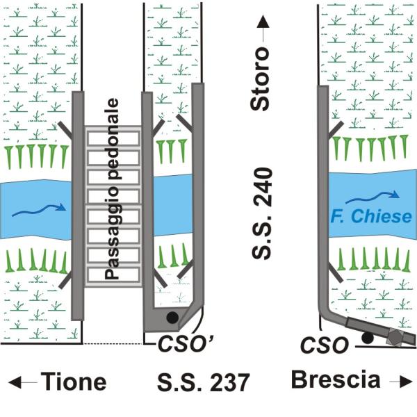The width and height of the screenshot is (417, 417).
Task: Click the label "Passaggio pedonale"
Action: (113, 188)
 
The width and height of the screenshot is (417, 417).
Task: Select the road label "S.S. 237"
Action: (199, 382)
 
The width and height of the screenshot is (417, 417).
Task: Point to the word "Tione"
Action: (72, 382)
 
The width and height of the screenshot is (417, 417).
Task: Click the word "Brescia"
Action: (336, 380)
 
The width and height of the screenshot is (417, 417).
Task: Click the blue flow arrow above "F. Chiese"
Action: (381, 197)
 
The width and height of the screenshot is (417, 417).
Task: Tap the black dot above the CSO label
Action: (368, 338)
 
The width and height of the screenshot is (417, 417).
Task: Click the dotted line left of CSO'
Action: (112, 343)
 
